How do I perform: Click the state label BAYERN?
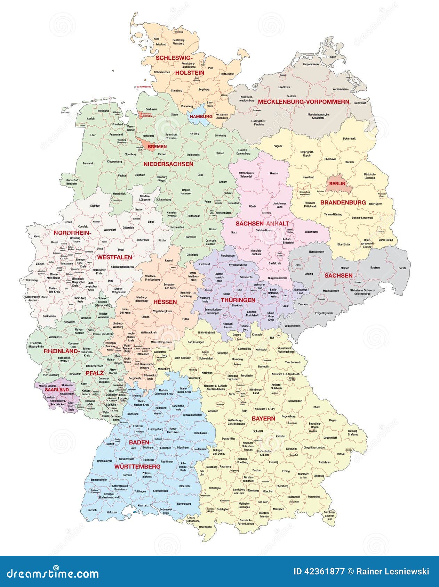(263, 419)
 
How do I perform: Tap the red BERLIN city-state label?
(337, 183)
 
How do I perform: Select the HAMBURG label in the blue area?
(201, 116)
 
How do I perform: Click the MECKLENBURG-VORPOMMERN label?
(303, 102)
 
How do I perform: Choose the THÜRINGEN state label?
(238, 300)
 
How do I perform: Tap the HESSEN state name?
(165, 302)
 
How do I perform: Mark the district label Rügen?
(332, 57)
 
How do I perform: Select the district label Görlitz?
(402, 268)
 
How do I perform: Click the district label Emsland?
(88, 163)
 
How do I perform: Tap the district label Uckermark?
(349, 139)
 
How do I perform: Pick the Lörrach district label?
(92, 510)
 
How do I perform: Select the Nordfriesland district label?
(161, 42)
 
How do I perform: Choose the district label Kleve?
(37, 236)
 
